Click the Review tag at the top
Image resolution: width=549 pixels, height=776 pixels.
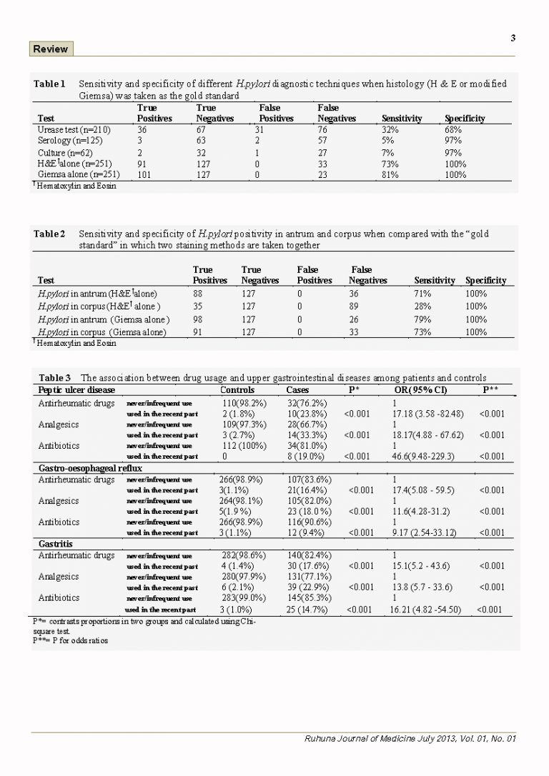pyautogui.click(x=51, y=49)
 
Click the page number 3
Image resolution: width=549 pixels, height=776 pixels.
pyautogui.click(x=513, y=38)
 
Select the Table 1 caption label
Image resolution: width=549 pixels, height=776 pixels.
pyautogui.click(x=49, y=84)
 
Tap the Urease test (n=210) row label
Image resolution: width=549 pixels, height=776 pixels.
pyautogui.click(x=74, y=130)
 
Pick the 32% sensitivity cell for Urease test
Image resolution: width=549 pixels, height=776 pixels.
pyautogui.click(x=390, y=130)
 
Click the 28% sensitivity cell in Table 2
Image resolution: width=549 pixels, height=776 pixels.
pyautogui.click(x=423, y=307)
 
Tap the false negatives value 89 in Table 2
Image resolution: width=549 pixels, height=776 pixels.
pyautogui.click(x=356, y=307)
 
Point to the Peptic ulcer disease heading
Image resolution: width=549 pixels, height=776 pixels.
pyautogui.click(x=76, y=390)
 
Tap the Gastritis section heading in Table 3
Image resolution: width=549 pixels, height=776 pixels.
pyautogui.click(x=55, y=544)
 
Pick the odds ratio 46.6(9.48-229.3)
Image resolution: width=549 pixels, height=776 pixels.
pyautogui.click(x=423, y=456)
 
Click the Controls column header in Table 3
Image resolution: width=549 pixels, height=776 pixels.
pyautogui.click(x=237, y=390)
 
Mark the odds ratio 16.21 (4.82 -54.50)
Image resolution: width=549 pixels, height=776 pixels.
pyautogui.click(x=425, y=610)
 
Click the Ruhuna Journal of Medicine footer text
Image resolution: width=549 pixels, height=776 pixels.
pyautogui.click(x=410, y=739)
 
